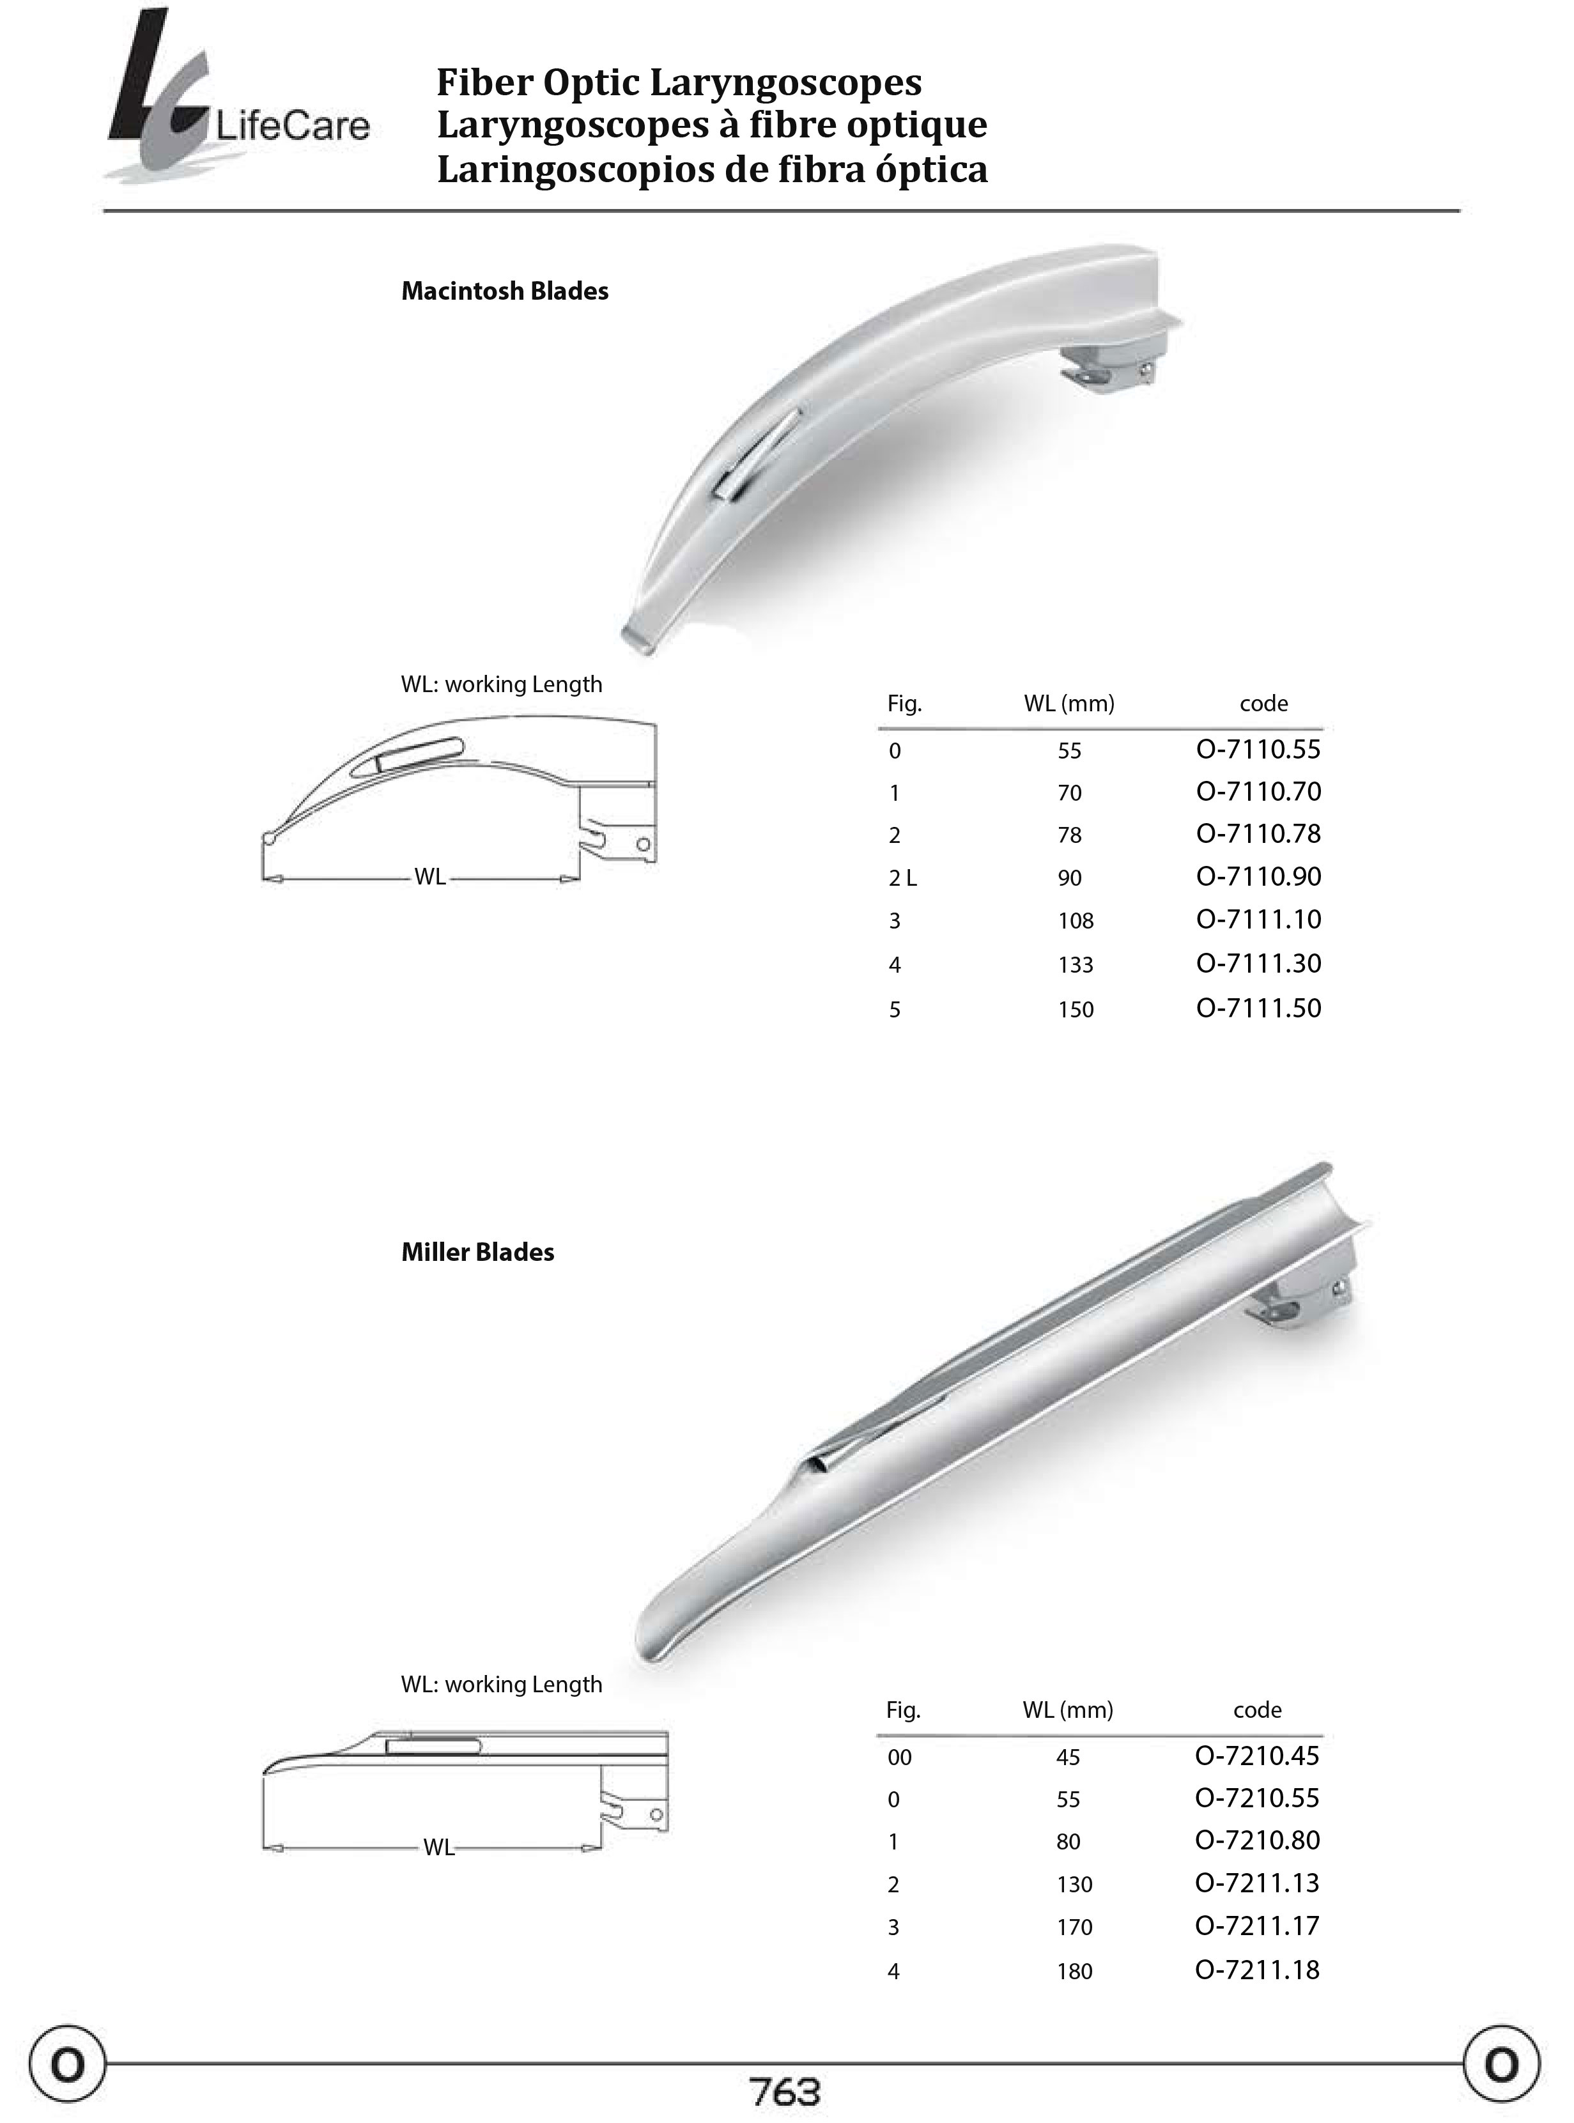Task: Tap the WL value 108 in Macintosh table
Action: (x=1075, y=920)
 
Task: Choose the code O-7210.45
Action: (x=1257, y=1755)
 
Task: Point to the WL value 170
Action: (x=1074, y=1927)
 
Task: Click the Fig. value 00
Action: (x=899, y=1757)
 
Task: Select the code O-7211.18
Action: (x=1257, y=1970)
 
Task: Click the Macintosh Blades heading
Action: (x=504, y=291)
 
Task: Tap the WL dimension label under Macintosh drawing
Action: (x=429, y=877)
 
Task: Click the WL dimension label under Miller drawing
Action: (x=438, y=1848)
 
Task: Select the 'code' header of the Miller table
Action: (x=1257, y=1710)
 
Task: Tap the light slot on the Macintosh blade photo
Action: (x=757, y=452)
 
